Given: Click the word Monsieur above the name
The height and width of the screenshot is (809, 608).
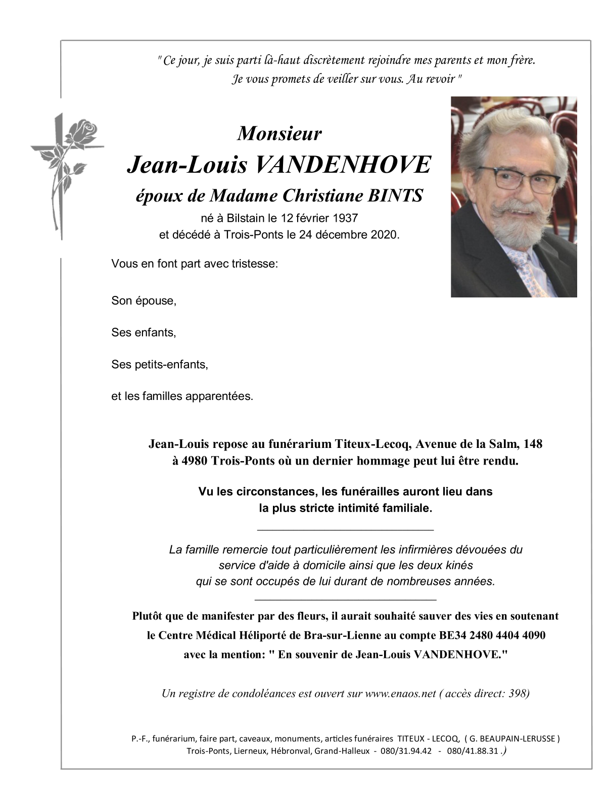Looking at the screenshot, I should point(279,133).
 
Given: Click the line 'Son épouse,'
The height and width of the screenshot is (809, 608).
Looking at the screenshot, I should point(144,301).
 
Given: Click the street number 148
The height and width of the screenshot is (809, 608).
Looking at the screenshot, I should point(533,444).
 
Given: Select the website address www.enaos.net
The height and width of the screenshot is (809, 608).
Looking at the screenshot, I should point(400,693).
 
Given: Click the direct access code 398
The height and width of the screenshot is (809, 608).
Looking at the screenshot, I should point(515,693).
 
